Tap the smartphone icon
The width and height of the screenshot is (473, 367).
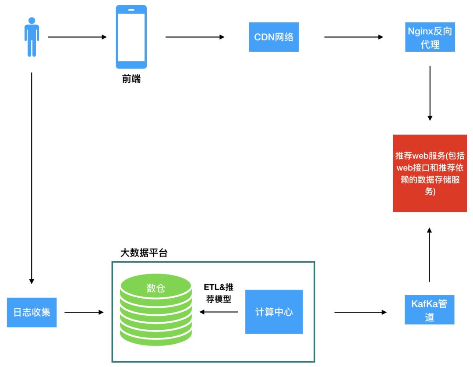point(131,37)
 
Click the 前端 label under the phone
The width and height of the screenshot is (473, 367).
point(131,80)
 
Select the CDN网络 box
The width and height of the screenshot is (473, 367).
point(274,37)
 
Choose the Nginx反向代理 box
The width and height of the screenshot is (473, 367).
point(430,37)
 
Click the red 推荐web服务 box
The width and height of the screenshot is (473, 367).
point(430,173)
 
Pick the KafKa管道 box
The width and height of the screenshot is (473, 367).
point(429,310)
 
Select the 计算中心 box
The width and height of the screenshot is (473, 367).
point(274,312)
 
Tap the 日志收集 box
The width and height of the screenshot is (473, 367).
point(32,312)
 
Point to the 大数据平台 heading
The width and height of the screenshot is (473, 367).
point(144,253)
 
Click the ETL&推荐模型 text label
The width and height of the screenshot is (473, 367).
point(219,293)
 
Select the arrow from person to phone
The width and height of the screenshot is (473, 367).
point(77,37)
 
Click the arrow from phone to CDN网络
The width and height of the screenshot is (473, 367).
point(195,37)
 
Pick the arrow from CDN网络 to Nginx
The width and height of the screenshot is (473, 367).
point(353,37)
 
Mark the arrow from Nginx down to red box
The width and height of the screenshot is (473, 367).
point(430,93)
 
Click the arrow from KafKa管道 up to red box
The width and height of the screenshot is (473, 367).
point(430,254)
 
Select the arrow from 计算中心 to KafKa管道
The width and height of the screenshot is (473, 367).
point(360,312)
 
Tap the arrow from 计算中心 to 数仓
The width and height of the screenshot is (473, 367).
point(219,312)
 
